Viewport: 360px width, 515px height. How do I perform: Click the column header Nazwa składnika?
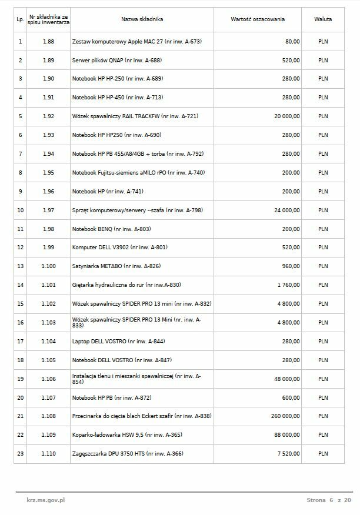coord(142,19)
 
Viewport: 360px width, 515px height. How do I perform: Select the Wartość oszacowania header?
coord(257,19)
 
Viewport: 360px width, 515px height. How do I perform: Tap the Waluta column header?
coord(323,19)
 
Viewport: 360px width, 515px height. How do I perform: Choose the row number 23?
coord(21,454)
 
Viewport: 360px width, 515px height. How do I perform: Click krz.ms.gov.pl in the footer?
coord(45,500)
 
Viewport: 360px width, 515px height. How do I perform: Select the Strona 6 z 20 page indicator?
coord(328,500)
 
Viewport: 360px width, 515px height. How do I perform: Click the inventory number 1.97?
coord(48,210)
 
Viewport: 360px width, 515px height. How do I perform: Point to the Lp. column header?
coord(20,19)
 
